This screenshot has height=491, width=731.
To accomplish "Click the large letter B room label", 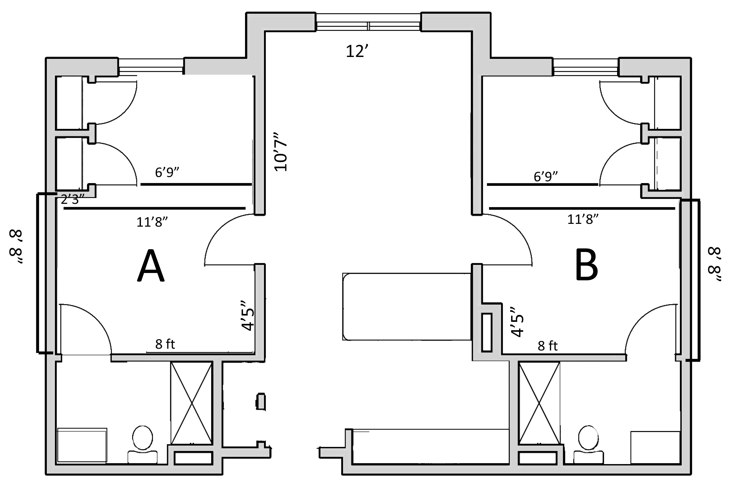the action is click(x=586, y=264).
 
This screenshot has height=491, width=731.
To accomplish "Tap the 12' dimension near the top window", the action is click(x=356, y=51).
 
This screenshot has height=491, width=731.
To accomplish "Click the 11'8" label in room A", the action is click(x=152, y=222).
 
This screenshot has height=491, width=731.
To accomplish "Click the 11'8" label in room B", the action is click(x=583, y=219).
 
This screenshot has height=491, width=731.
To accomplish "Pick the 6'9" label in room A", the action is click(x=167, y=172).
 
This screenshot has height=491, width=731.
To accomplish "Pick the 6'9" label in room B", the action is click(x=546, y=177).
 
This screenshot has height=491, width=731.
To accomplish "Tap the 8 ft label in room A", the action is click(x=165, y=344).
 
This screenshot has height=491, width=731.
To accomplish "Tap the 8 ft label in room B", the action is click(x=548, y=346).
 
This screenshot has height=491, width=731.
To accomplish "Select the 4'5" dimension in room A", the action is click(x=247, y=315).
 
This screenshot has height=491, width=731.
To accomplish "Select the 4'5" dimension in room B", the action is click(x=517, y=322).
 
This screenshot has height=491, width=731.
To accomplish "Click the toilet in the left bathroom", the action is click(x=143, y=444).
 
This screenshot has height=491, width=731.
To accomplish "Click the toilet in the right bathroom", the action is click(x=588, y=444).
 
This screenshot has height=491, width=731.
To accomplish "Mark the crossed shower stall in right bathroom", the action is click(x=539, y=403).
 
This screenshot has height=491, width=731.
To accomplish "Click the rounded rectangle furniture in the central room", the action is click(x=407, y=307).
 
